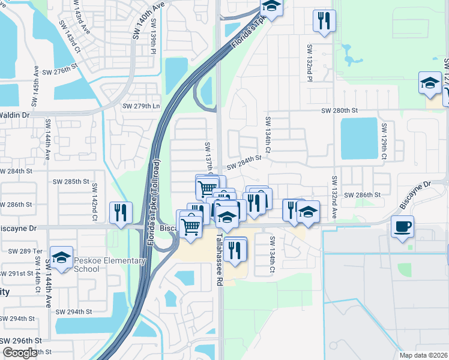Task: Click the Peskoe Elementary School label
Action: (x=109, y=265)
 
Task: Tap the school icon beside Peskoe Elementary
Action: (x=61, y=257)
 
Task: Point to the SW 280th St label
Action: (x=339, y=110)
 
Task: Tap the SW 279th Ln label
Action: (x=141, y=106)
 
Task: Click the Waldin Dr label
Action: (x=14, y=114)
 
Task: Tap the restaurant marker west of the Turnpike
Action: (x=121, y=212)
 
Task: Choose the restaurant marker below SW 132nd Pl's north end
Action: (x=324, y=20)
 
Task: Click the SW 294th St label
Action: (x=74, y=311)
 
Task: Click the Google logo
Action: (x=20, y=353)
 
